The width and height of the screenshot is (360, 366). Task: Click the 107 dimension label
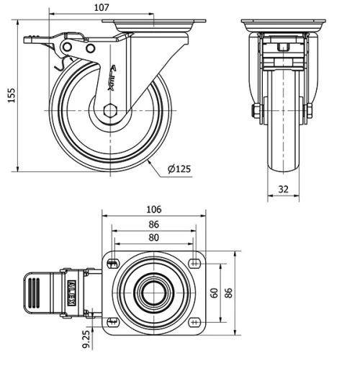click(102, 7)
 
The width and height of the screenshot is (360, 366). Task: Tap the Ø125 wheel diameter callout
click(179, 169)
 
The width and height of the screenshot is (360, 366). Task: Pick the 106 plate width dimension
click(153, 210)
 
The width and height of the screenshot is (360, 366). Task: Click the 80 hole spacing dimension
click(153, 237)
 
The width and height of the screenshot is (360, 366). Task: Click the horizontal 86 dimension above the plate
click(153, 224)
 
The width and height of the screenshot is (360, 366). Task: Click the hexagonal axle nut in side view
click(109, 110)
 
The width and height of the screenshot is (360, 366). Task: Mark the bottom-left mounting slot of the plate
click(111, 321)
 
